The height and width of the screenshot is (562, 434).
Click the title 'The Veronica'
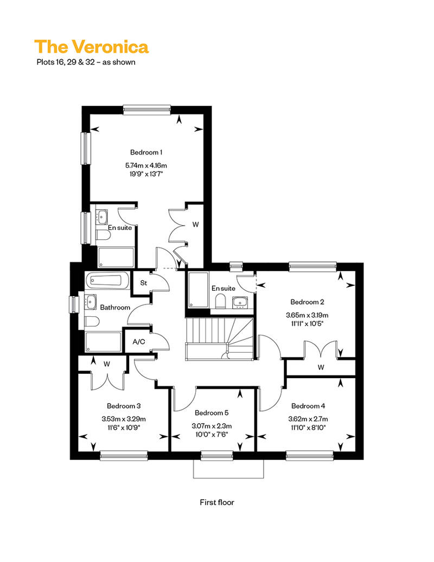(91, 47)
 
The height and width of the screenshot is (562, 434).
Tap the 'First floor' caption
(217, 502)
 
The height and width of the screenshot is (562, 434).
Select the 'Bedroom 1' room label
(146, 152)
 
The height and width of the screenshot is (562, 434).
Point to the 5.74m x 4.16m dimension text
(146, 165)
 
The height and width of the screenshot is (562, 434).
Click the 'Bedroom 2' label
(307, 302)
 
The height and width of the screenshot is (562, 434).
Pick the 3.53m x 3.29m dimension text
(124, 419)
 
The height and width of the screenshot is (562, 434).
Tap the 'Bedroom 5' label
(212, 413)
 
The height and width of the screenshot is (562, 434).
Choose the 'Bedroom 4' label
(308, 406)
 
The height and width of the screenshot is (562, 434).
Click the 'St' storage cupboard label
(143, 283)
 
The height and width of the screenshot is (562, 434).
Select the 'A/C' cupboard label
(139, 342)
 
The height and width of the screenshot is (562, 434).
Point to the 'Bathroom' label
(115, 308)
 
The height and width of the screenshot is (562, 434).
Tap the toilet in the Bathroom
(92, 322)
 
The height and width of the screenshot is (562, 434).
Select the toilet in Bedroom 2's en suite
(220, 302)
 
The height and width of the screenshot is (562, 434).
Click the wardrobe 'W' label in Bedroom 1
(195, 225)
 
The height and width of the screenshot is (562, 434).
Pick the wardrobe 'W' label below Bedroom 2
(321, 367)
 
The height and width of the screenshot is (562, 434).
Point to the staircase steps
(219, 339)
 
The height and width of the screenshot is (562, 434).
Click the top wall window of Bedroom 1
(146, 110)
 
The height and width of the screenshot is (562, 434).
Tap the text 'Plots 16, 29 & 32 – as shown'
(86, 62)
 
